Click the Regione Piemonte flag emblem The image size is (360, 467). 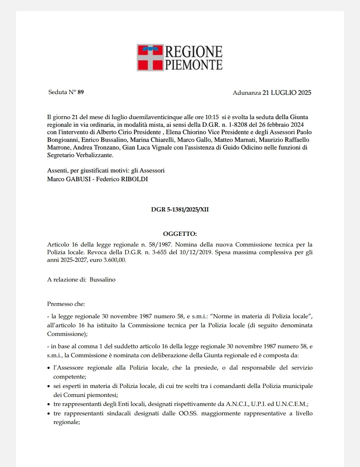click(x=150, y=57)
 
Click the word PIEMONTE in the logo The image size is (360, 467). click(x=194, y=64)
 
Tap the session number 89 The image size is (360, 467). click(x=81, y=92)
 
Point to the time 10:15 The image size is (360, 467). click(x=212, y=117)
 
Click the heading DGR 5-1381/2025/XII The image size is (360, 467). click(x=180, y=210)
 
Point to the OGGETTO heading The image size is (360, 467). click(x=180, y=234)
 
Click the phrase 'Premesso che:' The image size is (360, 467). click(x=66, y=304)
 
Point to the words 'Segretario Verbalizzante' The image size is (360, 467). click(x=80, y=155)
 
